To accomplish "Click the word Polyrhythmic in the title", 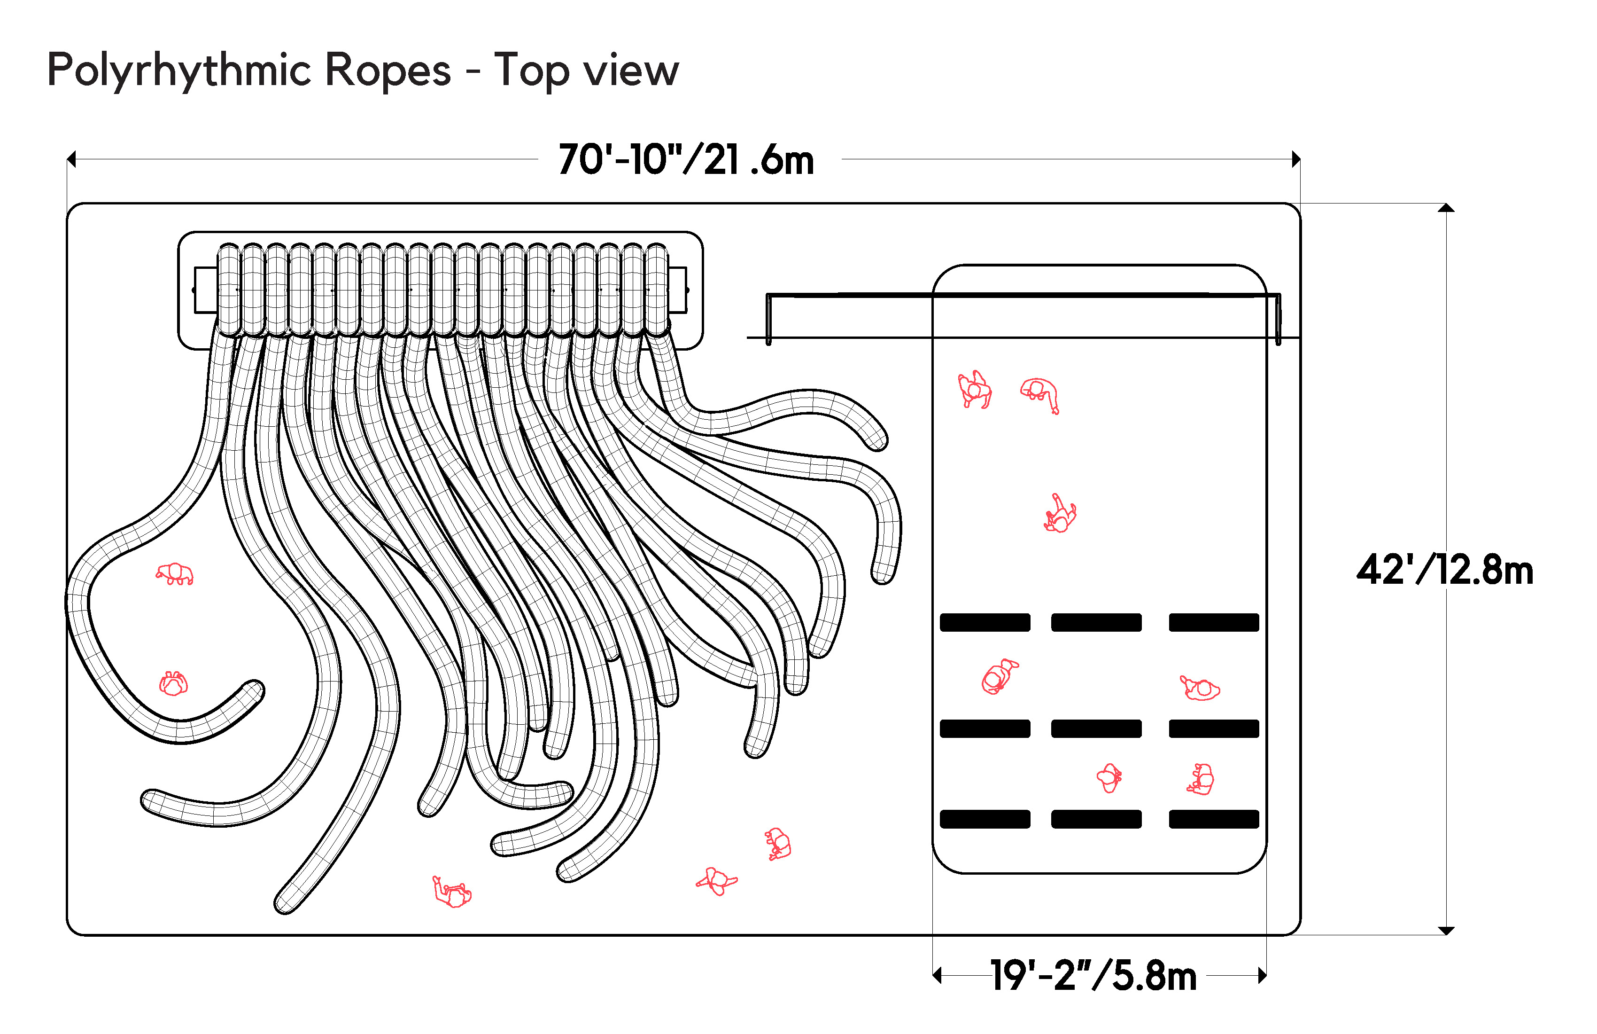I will tap(181, 71).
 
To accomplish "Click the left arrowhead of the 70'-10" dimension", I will tap(71, 159).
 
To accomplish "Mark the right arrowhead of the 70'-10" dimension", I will tap(1296, 159).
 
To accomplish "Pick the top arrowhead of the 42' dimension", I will tap(1446, 208).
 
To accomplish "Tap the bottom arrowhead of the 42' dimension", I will tap(1446, 930).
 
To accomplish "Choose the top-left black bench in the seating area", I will tap(985, 622).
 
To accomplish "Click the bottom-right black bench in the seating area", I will tap(1213, 819).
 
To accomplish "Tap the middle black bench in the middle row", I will tap(1096, 728).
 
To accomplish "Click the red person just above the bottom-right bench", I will tap(1201, 780).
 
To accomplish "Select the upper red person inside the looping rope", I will tap(174, 574).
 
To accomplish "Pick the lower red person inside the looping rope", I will tap(173, 683).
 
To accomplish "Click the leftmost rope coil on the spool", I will tap(229, 290).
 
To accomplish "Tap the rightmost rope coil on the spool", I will tap(656, 290).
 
